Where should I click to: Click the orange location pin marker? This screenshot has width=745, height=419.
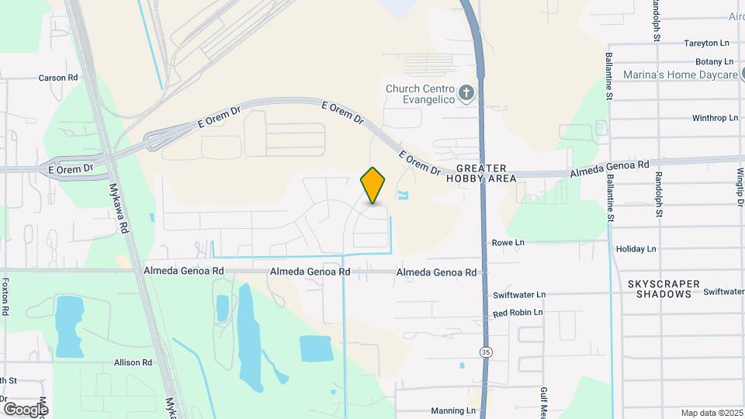pos(373,185)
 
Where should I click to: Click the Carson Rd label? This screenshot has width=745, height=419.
pos(59,78)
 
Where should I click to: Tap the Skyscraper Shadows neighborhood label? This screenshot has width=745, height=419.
pos(664,289)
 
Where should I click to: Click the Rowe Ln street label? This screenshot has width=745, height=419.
pos(508,243)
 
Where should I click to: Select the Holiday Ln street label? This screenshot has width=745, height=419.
pos(636,249)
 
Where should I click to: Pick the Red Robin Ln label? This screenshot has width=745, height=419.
pos(518,313)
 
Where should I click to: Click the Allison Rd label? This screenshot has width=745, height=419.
pos(133,362)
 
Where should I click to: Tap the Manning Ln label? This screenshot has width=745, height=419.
pos(452,410)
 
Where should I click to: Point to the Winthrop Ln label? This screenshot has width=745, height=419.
pos(715,119)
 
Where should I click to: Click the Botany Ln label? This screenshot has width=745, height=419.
pos(714,61)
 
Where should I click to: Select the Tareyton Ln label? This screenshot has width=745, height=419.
pos(707,43)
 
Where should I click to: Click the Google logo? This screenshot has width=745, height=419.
pos(26,409)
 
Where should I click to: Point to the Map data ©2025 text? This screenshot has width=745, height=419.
pos(710,413)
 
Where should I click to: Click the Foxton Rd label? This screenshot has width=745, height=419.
pos(5,296)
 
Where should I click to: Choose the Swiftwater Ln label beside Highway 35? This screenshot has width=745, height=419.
pos(519,296)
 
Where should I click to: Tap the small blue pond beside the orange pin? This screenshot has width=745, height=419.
pos(401,194)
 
